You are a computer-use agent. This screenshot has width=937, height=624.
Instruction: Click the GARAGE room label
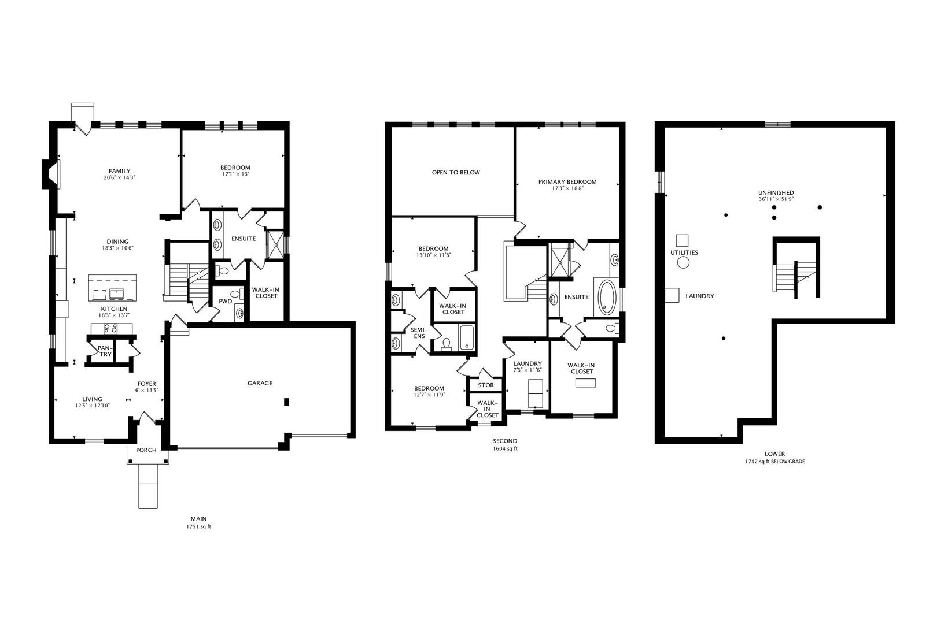(260, 383)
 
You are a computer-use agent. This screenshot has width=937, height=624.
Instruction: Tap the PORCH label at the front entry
(146, 450)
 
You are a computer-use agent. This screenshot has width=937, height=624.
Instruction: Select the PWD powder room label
(225, 302)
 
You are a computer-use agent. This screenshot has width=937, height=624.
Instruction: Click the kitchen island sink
(118, 294)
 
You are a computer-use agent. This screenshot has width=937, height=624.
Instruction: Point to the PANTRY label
(104, 351)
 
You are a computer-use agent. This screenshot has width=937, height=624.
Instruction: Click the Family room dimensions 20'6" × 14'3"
(119, 178)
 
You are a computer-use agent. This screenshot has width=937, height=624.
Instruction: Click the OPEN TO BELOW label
(456, 172)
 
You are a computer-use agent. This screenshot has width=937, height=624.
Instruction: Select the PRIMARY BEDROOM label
(567, 181)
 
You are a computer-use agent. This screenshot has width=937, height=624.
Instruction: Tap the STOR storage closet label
(486, 385)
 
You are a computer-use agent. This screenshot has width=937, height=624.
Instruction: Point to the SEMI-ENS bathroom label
(418, 333)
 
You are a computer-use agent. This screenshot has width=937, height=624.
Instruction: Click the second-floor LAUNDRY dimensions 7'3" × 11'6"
(527, 370)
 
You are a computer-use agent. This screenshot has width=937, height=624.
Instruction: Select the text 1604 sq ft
(505, 448)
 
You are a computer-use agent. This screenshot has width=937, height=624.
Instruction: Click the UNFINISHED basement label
(776, 193)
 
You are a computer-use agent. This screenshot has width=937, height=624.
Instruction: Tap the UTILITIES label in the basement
(684, 252)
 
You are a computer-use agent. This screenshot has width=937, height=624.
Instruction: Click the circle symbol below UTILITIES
(683, 262)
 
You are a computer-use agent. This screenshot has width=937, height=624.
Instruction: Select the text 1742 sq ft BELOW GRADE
(774, 462)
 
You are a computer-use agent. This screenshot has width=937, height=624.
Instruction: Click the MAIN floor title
(198, 519)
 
